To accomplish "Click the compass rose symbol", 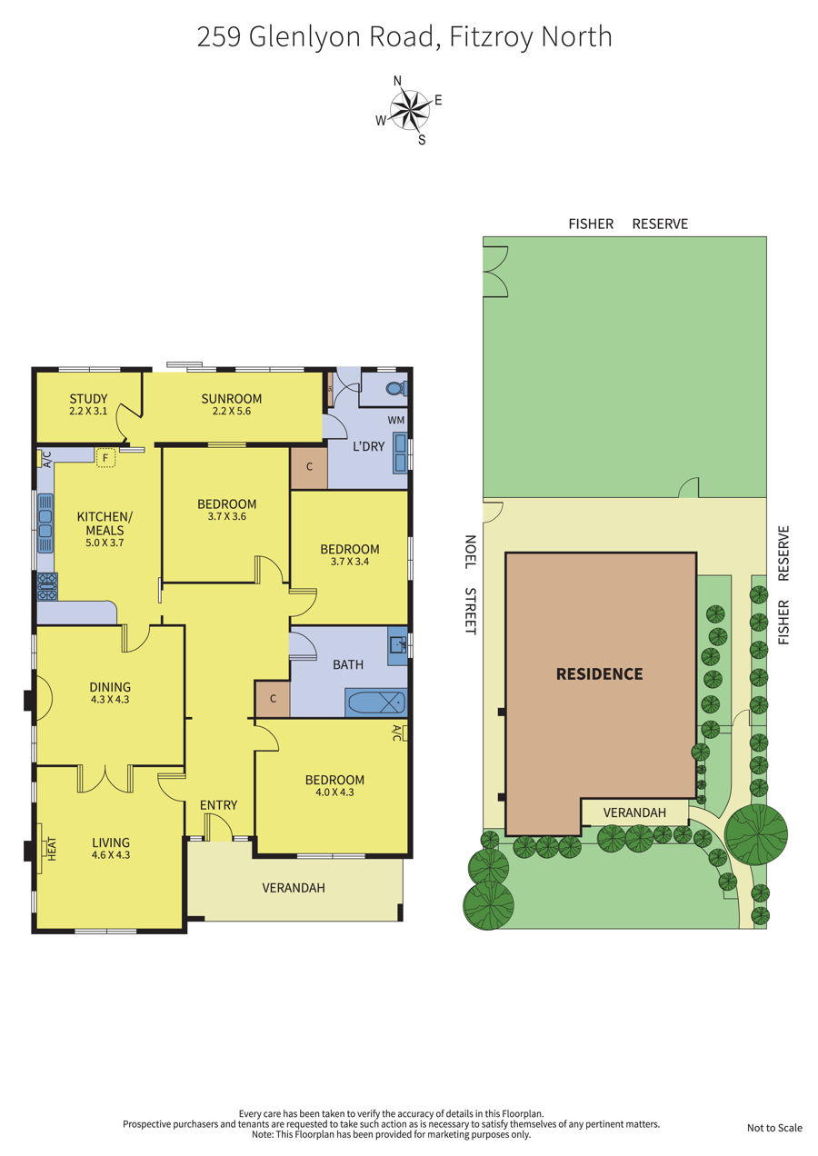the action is pos(409,110).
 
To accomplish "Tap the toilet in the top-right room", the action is pos(398,388).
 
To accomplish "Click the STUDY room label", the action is pos(88,398).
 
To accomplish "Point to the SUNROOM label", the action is pos(231,398).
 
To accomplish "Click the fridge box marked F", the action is pos(105,457).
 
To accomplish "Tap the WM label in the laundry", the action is pos(396,420).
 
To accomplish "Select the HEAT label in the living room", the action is pos(52,849).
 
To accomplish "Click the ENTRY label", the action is pos(218,805).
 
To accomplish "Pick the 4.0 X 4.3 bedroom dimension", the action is pos(335,792).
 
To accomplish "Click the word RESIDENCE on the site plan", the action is pos(599,674).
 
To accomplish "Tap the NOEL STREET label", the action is pos(470,584).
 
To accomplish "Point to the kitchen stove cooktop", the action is pos(47,587).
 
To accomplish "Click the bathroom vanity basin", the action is pos(397,645).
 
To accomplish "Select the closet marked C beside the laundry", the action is pos(309,467).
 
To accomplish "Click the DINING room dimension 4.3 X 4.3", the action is pos(110,699).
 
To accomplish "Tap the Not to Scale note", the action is pos(774,1128).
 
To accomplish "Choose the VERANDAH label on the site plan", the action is pos(634,812).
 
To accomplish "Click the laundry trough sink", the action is pos(401,453).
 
